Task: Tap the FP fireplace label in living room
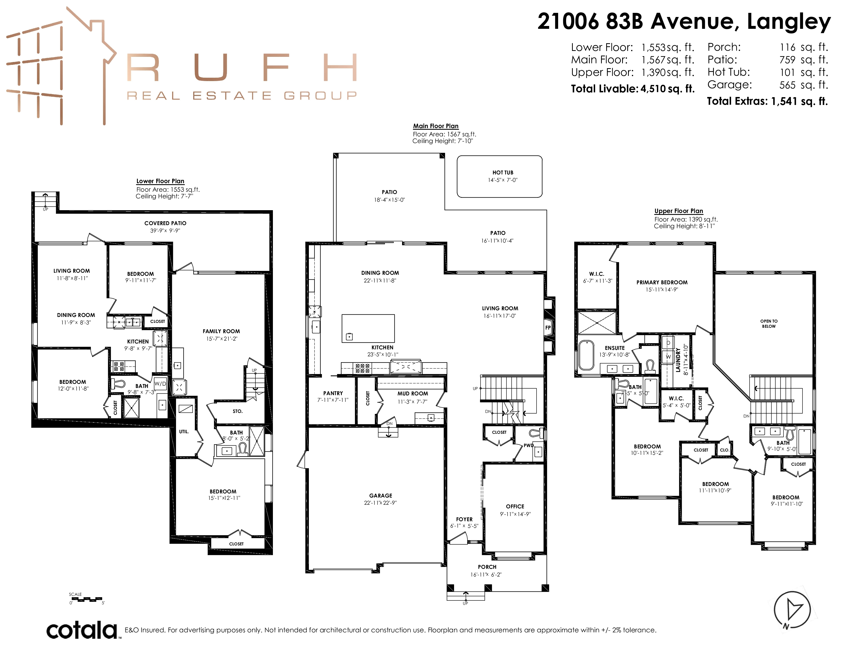[548, 327]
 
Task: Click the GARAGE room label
[381, 495]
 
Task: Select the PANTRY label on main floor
[333, 393]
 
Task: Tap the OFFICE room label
[515, 506]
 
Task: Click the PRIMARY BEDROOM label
[662, 282]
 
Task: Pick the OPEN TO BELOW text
[769, 324]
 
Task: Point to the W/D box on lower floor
[160, 384]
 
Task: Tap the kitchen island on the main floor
[368, 329]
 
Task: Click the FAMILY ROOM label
[221, 331]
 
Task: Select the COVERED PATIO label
[165, 223]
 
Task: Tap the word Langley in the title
[789, 22]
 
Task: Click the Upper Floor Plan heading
[679, 211]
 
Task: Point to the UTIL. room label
[184, 431]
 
